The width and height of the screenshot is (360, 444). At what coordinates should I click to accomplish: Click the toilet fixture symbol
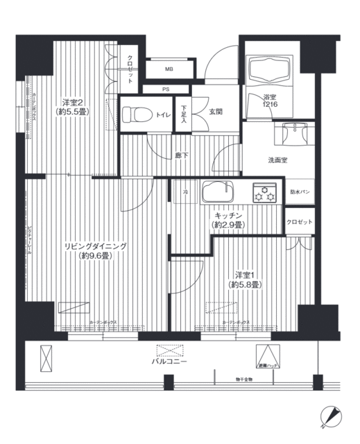click(x=136, y=112)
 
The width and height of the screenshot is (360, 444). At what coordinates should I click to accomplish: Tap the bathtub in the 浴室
click(x=268, y=72)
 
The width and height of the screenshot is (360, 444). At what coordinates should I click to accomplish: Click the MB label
click(x=169, y=69)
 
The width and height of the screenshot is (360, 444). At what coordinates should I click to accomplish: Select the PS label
click(x=165, y=89)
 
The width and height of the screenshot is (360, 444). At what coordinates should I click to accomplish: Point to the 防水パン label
click(x=300, y=191)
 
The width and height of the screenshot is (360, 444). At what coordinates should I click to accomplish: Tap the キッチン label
click(x=228, y=216)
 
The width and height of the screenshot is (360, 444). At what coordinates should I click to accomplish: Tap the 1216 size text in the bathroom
click(x=270, y=104)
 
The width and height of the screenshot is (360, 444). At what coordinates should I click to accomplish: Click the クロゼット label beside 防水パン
click(x=300, y=221)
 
